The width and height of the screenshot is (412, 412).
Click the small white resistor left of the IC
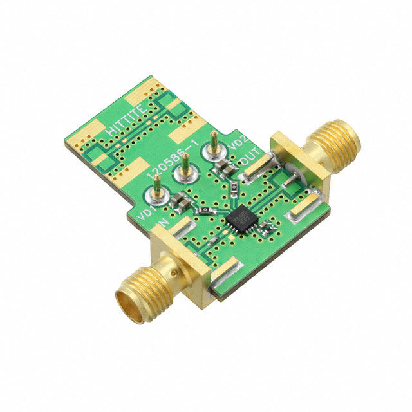[x=204, y=210]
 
